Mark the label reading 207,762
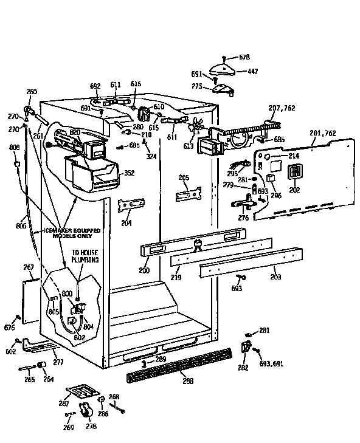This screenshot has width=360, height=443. (x=282, y=108)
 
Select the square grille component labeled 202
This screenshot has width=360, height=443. (x=294, y=174)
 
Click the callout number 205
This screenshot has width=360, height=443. (x=184, y=177)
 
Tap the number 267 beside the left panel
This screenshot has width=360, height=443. (x=28, y=267)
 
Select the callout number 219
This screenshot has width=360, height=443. (x=175, y=277)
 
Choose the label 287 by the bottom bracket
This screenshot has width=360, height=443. (x=63, y=402)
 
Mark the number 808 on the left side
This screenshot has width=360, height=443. (x=15, y=148)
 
